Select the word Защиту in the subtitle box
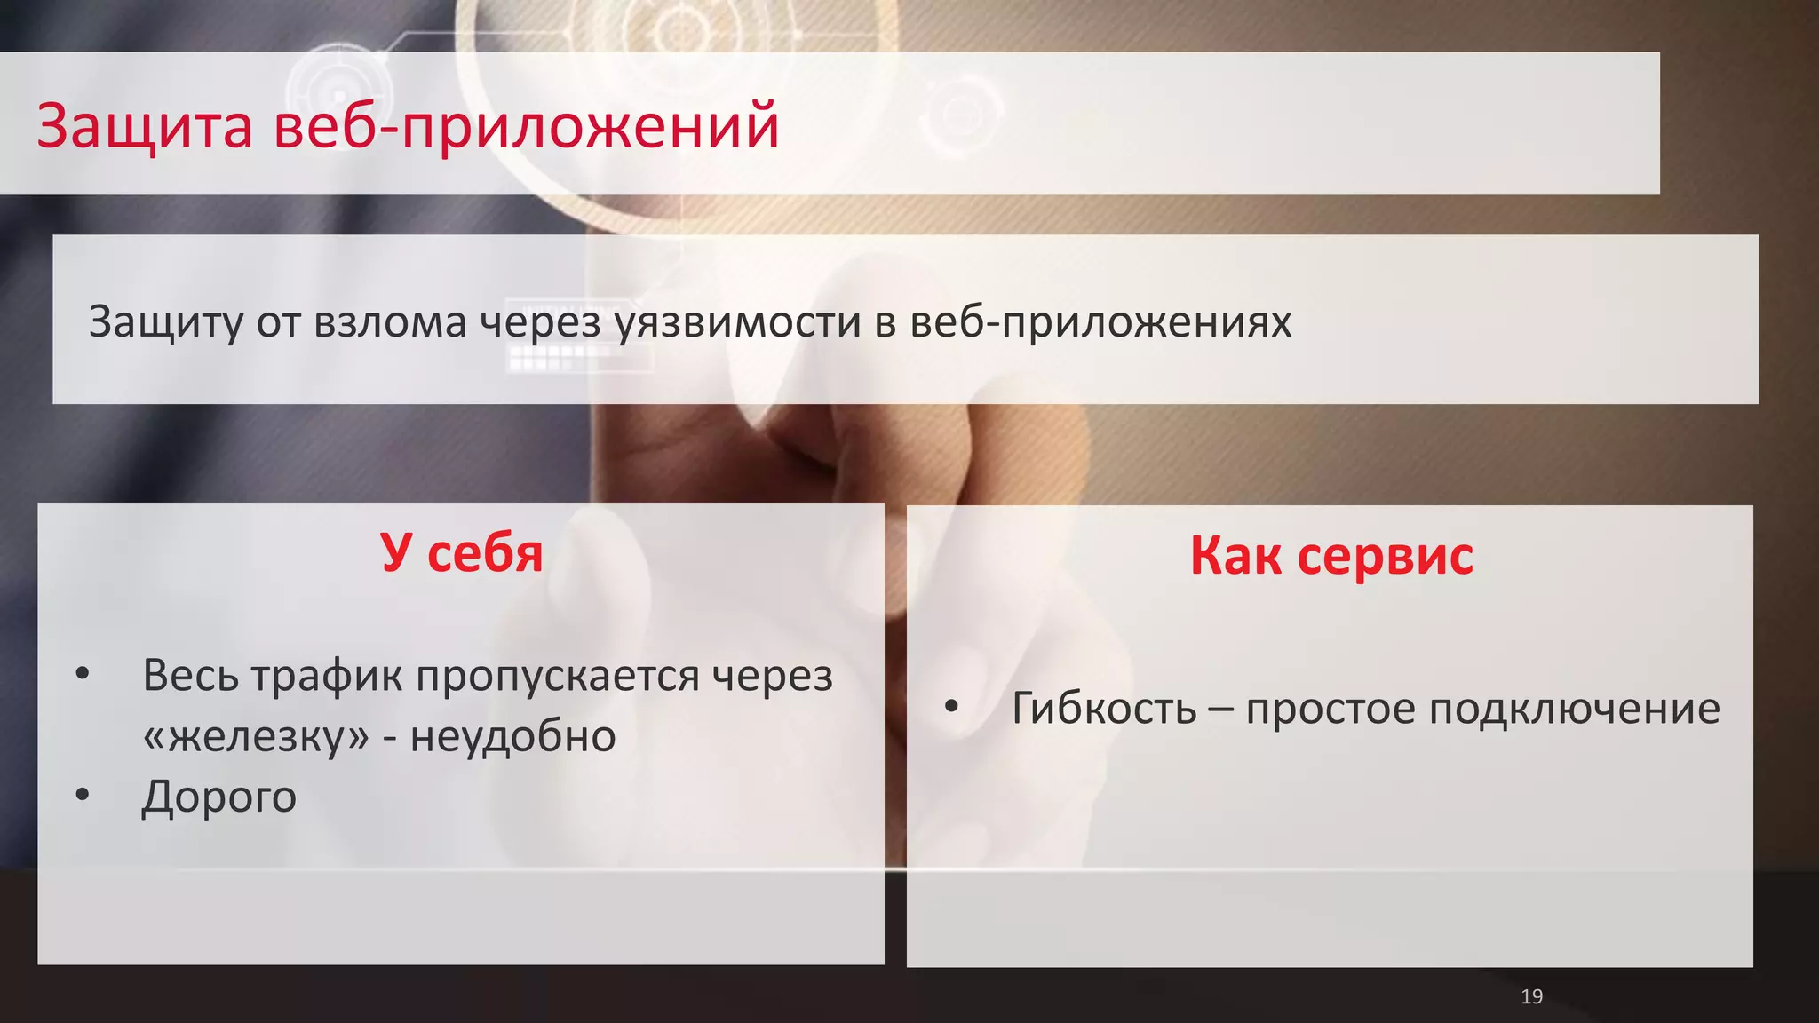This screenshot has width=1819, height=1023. click(x=165, y=321)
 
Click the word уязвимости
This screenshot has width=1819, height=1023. click(x=737, y=321)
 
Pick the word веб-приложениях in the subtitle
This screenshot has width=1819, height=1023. click(x=1100, y=321)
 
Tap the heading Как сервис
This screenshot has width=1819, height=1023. click(x=1330, y=556)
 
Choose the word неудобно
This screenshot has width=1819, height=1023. click(x=512, y=736)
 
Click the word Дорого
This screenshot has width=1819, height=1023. click(x=218, y=797)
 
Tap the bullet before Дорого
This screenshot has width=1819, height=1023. click(x=83, y=795)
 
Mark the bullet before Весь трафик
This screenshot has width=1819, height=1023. click(x=83, y=674)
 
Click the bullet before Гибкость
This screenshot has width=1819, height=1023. click(x=951, y=707)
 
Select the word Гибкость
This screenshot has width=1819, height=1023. click(x=1104, y=709)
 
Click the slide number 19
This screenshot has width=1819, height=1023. click(x=1531, y=996)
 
